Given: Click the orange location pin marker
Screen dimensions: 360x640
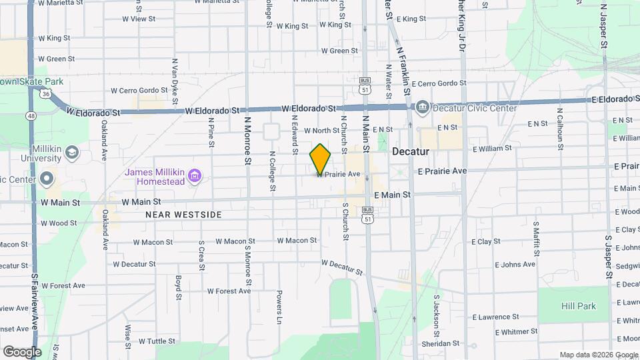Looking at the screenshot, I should pyautogui.click(x=320, y=159).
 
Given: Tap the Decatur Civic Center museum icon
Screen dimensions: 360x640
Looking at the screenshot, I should pyautogui.click(x=422, y=108).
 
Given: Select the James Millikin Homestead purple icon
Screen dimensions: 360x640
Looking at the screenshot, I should pyautogui.click(x=194, y=176).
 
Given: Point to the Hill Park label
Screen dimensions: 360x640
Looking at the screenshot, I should pyautogui.click(x=578, y=306).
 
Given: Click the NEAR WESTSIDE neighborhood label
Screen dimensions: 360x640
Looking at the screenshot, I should pyautogui.click(x=183, y=215).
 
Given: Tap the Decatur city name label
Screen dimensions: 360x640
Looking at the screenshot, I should pyautogui.click(x=410, y=151).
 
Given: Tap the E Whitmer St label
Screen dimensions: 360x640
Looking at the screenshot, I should pyautogui.click(x=516, y=331).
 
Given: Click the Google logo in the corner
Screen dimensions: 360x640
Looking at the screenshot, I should pyautogui.click(x=22, y=351).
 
